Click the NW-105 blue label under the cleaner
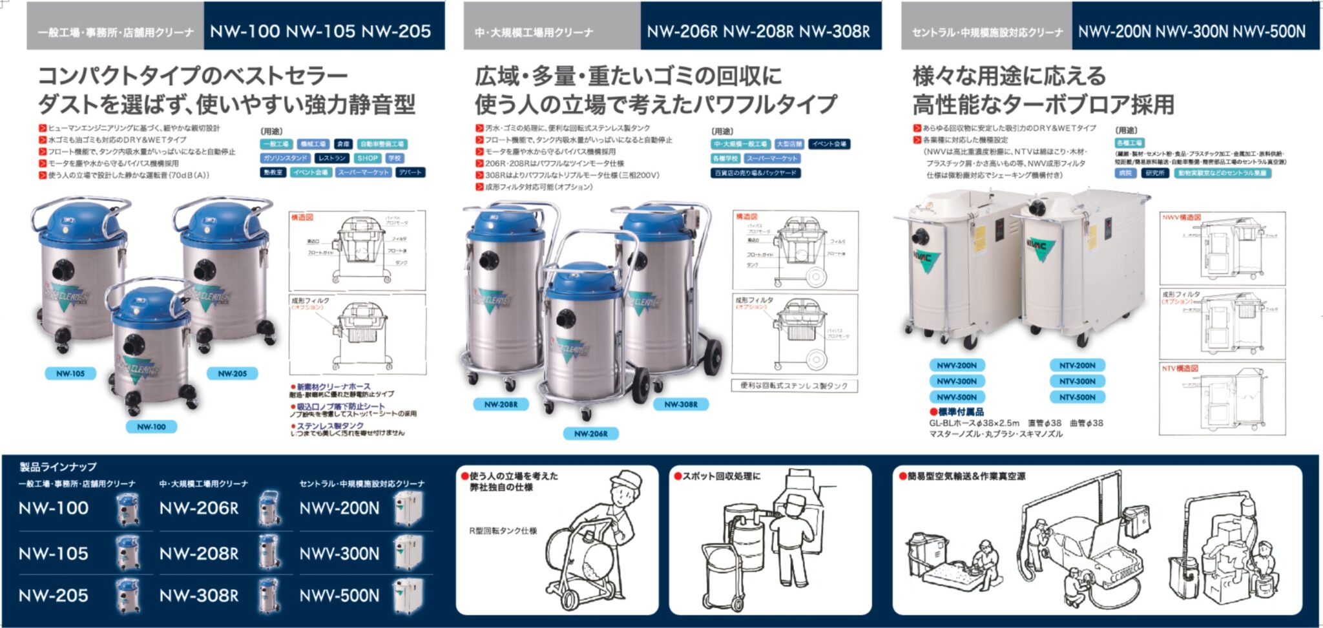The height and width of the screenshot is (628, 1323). (70, 373)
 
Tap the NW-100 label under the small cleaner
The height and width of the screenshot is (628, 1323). (151, 426)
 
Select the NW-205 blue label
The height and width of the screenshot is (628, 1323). (232, 373)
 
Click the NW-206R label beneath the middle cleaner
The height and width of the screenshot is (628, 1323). (590, 434)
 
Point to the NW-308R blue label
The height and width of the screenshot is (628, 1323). (680, 404)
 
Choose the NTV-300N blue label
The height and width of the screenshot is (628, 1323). (1077, 381)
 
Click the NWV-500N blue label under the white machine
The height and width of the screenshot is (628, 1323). (956, 397)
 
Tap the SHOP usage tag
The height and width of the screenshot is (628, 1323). (367, 158)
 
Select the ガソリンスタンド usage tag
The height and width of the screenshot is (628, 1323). (285, 158)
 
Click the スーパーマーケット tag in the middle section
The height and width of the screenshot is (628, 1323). (772, 158)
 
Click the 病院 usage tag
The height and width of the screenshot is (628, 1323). (1125, 173)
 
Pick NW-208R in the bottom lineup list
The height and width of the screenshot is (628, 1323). (198, 554)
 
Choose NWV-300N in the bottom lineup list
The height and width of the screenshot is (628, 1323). (339, 554)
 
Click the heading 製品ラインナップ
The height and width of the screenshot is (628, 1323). (58, 466)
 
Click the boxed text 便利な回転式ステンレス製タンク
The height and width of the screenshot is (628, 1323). (794, 386)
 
